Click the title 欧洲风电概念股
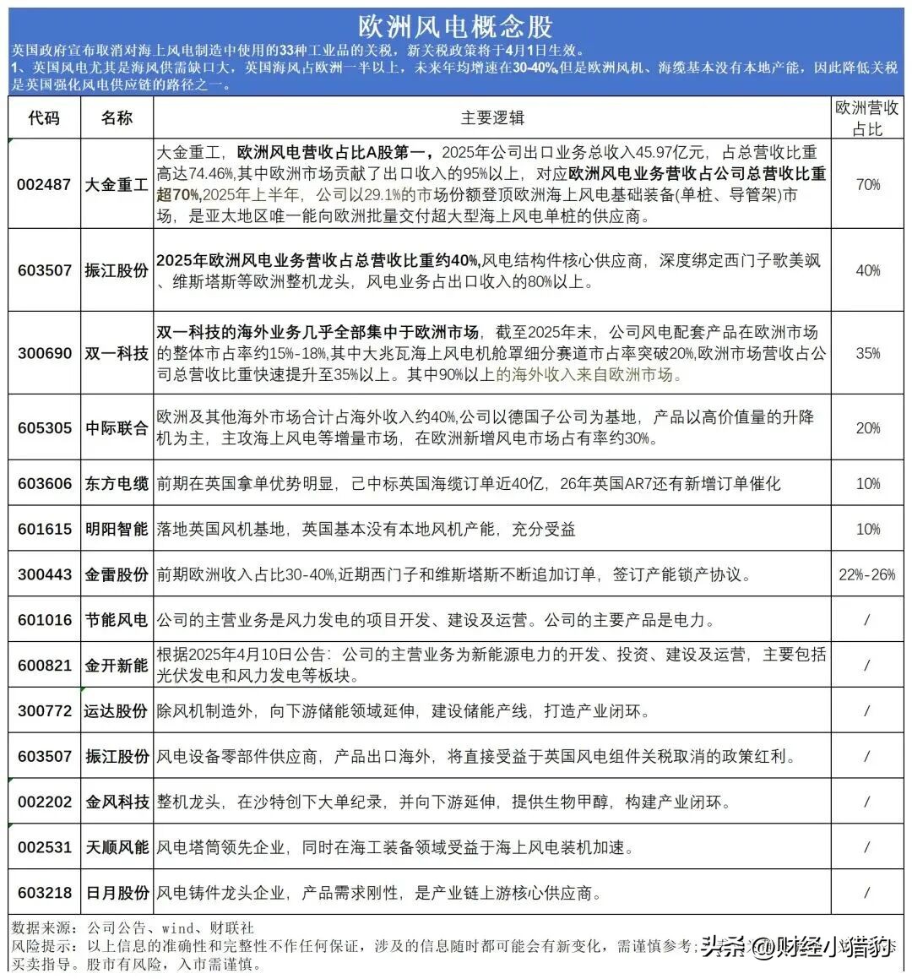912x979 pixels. pyautogui.click(x=455, y=25)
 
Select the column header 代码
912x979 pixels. pyautogui.click(x=44, y=117)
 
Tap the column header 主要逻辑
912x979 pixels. pyautogui.click(x=492, y=117)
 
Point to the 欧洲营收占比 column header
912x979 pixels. pyautogui.click(x=867, y=117)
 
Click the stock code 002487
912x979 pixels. pyautogui.click(x=44, y=183)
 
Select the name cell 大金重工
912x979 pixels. pyautogui.click(x=117, y=183)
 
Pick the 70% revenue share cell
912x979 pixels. pyautogui.click(x=867, y=184)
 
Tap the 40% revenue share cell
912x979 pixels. pyautogui.click(x=867, y=270)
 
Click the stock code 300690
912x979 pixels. pyautogui.click(x=44, y=353)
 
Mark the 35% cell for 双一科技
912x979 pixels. pyautogui.click(x=867, y=353)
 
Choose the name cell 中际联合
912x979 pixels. pyautogui.click(x=117, y=428)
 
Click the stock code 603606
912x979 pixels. pyautogui.click(x=44, y=483)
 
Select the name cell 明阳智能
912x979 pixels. pyautogui.click(x=117, y=529)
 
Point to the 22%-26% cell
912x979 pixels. pyautogui.click(x=867, y=574)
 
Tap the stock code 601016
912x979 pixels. pyautogui.click(x=44, y=620)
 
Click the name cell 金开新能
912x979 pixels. pyautogui.click(x=117, y=666)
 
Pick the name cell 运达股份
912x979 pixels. pyautogui.click(x=117, y=711)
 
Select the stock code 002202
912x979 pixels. pyautogui.click(x=44, y=802)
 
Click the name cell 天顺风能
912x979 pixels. pyautogui.click(x=117, y=847)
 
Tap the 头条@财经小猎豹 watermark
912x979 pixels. pyautogui.click(x=797, y=947)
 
